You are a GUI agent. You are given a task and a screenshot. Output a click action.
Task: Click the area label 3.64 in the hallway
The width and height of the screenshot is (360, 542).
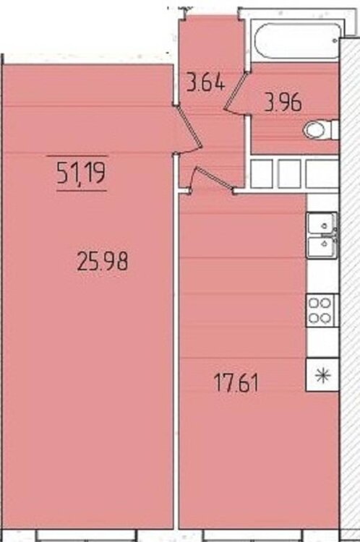click(206, 82)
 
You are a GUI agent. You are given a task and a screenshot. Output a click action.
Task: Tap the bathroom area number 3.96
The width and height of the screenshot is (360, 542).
click(283, 102)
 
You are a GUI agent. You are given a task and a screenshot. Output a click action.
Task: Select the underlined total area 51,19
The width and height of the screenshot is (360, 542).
click(81, 173)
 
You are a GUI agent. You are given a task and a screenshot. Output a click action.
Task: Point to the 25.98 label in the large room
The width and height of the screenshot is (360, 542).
click(103, 261)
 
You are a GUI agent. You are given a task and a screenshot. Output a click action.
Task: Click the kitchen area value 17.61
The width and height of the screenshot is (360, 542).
click(236, 383)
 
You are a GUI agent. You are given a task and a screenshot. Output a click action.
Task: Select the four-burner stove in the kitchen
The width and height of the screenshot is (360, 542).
click(321, 311)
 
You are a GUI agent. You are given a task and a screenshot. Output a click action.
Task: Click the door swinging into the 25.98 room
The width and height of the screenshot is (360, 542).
click(189, 128)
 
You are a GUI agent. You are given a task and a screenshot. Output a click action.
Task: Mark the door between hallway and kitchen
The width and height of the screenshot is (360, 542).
click(213, 178)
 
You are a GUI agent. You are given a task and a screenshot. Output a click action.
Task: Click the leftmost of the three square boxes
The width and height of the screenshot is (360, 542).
click(262, 173)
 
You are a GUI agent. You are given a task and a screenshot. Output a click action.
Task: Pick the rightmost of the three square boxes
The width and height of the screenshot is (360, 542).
click(322, 173)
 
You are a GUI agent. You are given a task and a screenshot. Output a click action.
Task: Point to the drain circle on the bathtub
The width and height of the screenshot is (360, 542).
click(335, 40)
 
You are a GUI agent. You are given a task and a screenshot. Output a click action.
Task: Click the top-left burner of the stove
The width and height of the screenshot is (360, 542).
click(314, 303)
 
